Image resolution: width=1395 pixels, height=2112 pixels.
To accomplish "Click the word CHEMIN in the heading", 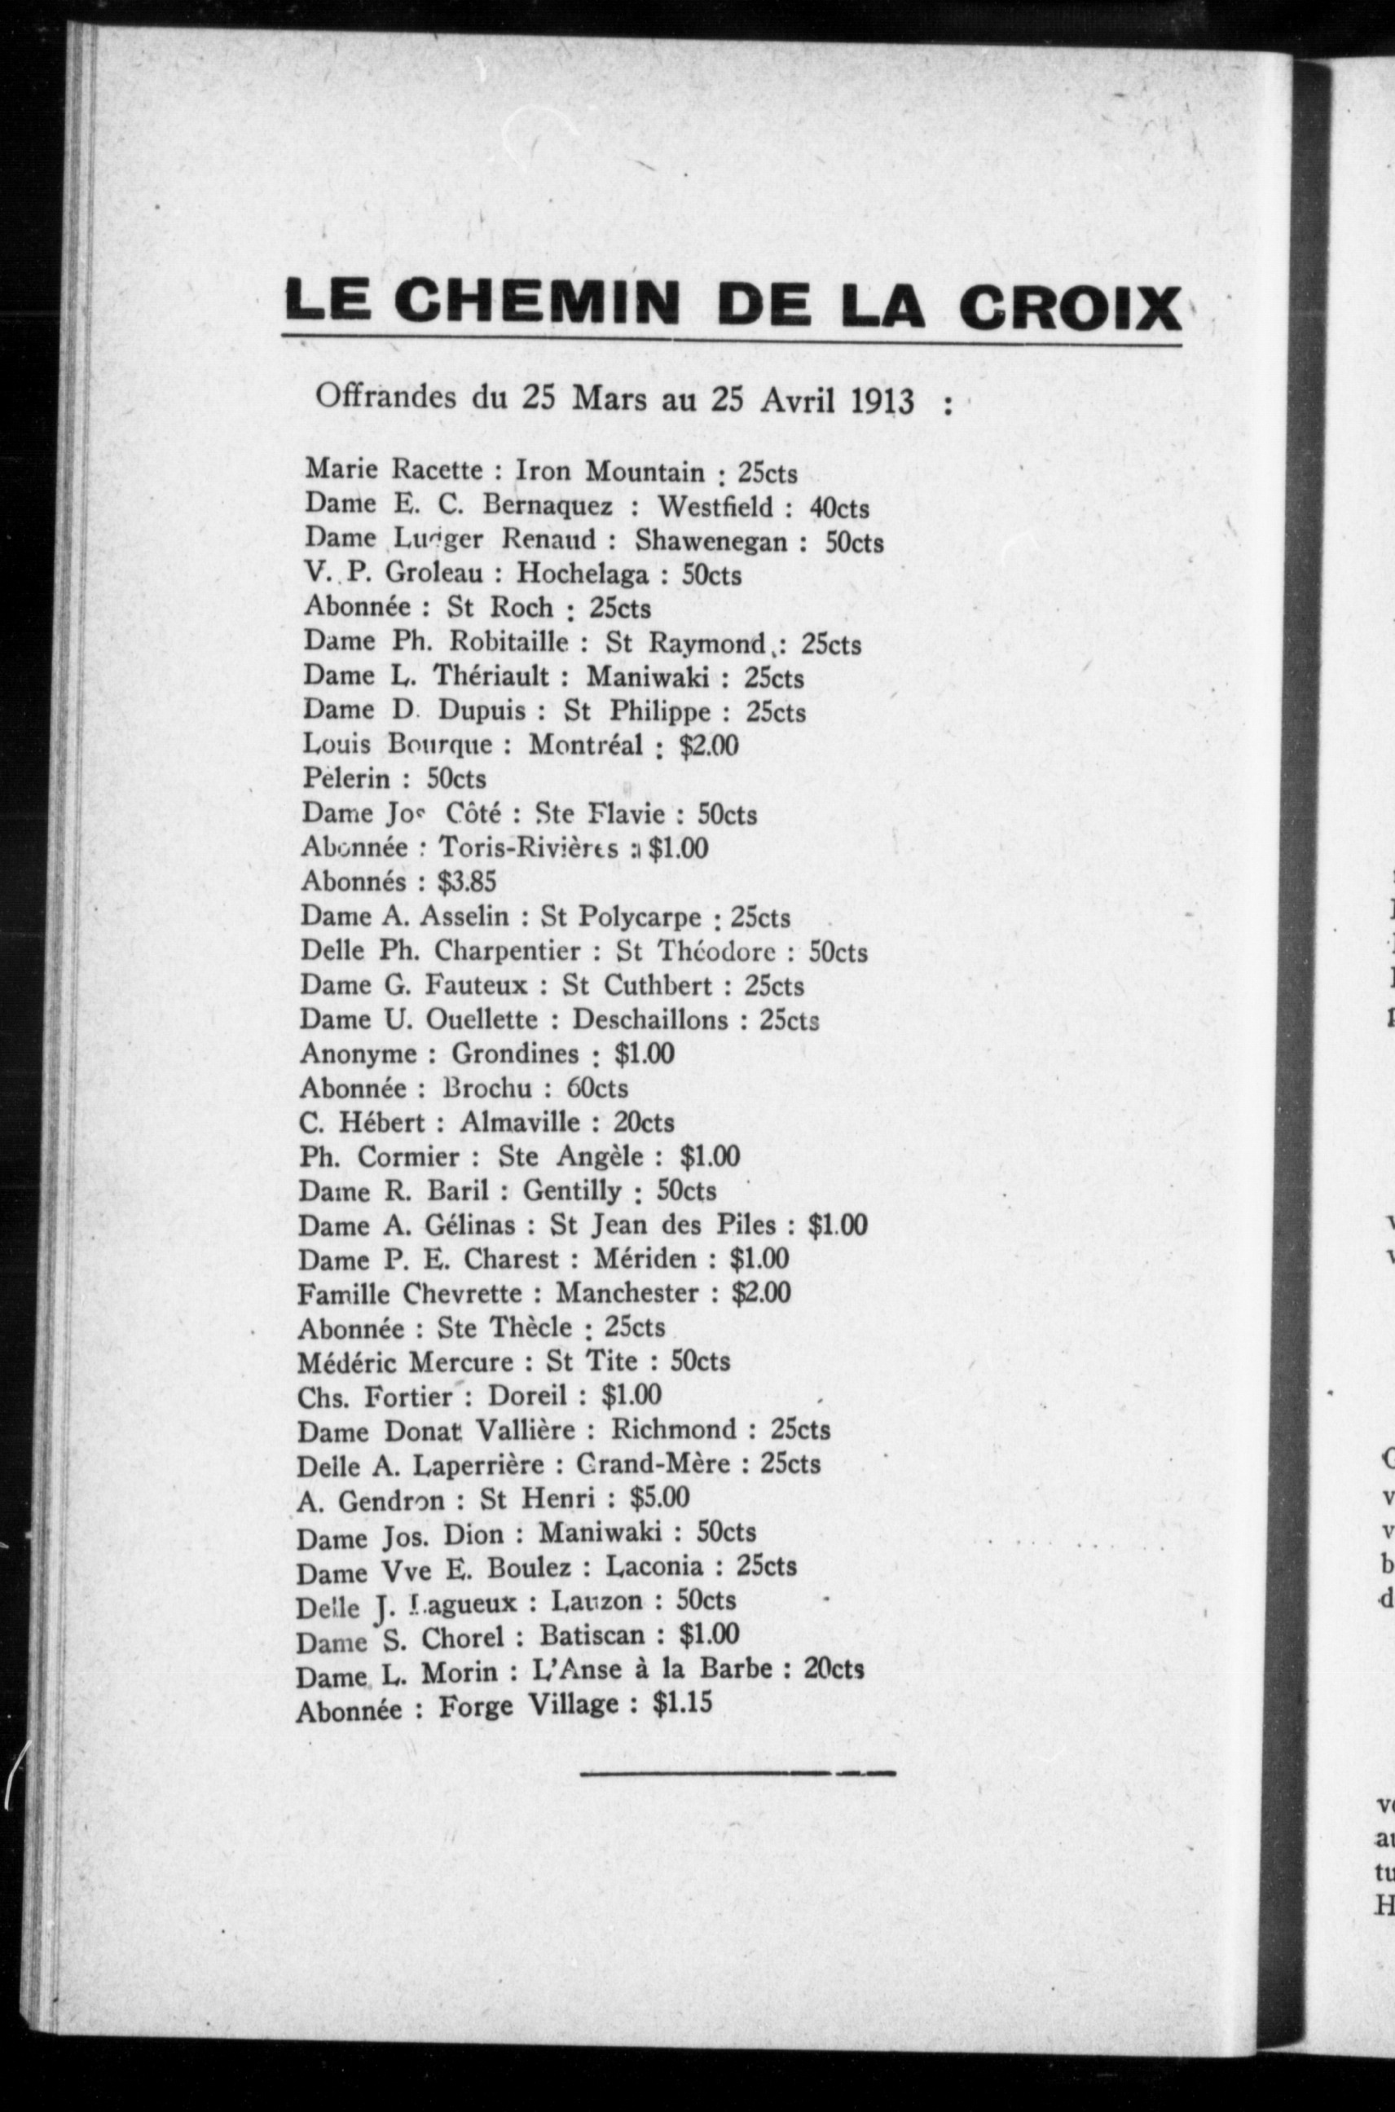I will click(536, 302).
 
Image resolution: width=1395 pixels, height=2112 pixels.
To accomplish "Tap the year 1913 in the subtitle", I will click(882, 401).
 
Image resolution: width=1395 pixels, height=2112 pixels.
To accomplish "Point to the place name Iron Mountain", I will click(609, 472).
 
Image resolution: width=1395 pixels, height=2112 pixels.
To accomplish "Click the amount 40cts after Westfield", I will click(839, 508).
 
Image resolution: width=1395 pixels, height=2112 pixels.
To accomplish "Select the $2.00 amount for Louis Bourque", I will click(708, 745).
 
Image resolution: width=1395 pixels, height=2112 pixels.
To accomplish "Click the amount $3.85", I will click(466, 882).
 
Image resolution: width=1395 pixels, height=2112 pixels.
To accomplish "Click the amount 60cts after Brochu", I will click(597, 1088).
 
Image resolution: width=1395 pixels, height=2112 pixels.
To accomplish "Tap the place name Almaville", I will click(520, 1123).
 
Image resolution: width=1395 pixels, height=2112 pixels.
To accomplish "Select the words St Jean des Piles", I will click(662, 1225).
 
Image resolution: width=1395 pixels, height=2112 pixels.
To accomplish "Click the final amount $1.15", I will click(682, 1703).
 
